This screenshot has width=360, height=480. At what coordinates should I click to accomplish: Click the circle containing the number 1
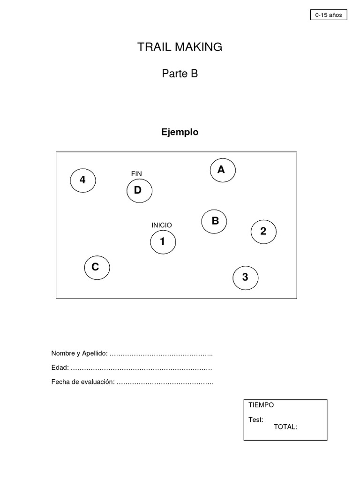point(163,242)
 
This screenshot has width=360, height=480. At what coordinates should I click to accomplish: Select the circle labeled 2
point(263,231)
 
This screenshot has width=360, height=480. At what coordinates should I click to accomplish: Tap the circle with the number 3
point(245,277)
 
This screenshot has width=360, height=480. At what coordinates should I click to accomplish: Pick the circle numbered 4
point(83,180)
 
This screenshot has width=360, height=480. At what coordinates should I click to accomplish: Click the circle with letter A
point(222,170)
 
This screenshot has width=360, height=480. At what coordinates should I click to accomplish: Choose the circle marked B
point(214,221)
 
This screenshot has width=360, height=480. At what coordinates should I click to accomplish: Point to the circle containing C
point(97,267)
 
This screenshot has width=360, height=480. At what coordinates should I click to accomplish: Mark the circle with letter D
point(139,190)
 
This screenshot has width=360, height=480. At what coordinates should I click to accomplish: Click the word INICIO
point(162,225)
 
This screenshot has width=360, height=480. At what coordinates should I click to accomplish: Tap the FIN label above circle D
point(136,174)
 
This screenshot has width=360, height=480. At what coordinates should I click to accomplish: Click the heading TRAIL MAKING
point(180,47)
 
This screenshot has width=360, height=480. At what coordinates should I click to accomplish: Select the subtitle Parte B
point(180,74)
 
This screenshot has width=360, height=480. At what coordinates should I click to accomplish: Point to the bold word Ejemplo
point(180,132)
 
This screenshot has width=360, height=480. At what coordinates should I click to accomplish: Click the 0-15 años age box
point(329,15)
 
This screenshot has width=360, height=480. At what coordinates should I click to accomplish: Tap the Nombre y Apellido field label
point(80,353)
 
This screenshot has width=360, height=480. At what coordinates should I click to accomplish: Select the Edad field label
point(60,367)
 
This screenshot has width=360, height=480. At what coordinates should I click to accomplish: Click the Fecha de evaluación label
point(83,382)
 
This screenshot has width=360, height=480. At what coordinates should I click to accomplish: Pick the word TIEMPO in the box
point(262,405)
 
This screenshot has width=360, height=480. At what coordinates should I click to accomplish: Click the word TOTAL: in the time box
point(285,427)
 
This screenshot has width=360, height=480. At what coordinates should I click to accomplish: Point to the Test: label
point(256,420)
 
